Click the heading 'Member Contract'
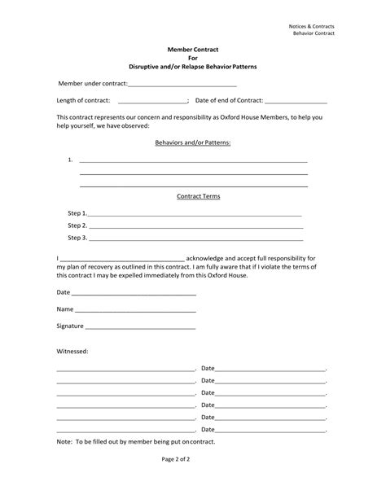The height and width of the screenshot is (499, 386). [192, 50]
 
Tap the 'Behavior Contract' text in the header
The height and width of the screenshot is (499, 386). [336, 33]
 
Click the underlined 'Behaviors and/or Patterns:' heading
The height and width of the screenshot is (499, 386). [193, 142]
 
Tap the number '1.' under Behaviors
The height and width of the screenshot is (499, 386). [71, 160]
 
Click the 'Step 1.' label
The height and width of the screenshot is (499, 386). [77, 212]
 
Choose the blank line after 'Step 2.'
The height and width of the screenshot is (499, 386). [195, 225]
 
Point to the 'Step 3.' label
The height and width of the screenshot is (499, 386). [77, 238]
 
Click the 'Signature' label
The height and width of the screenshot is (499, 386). [69, 326]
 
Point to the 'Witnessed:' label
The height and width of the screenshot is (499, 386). [72, 351]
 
